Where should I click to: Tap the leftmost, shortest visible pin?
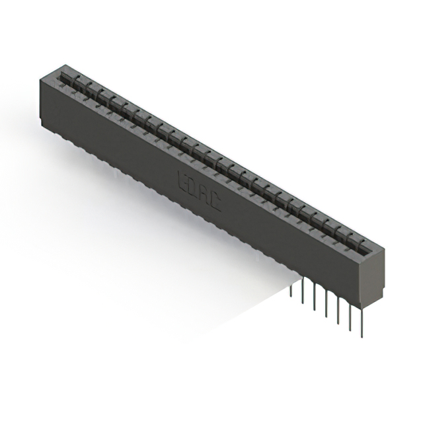(291, 291)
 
